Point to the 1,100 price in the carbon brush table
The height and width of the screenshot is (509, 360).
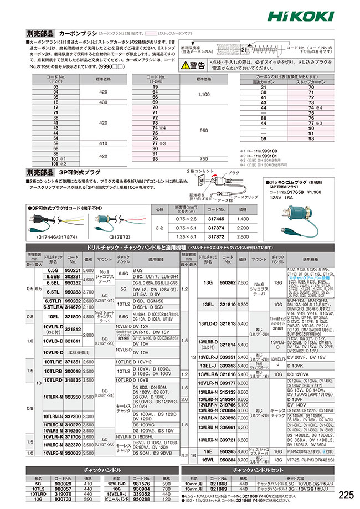click(203, 95)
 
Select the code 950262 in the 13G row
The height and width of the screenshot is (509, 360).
click(229, 282)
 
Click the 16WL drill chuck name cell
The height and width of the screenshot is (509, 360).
click(209, 460)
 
